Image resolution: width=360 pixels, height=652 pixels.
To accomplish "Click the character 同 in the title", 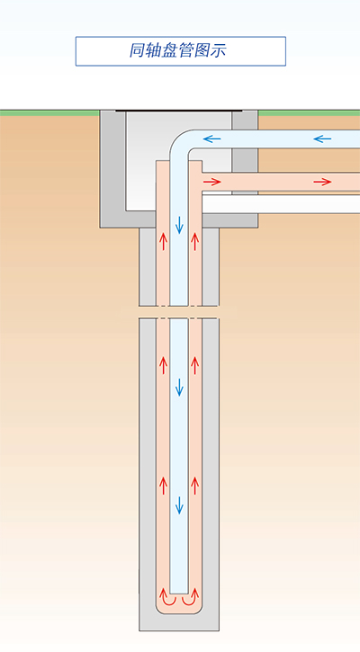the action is (x=138, y=50).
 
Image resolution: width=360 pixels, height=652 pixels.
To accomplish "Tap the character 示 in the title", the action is (x=219, y=50).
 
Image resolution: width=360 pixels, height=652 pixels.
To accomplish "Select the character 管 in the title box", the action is (x=186, y=50).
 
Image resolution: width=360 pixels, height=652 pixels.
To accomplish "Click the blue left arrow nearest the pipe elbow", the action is (x=211, y=138).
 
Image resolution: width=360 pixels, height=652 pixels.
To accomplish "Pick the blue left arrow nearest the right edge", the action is (x=322, y=138).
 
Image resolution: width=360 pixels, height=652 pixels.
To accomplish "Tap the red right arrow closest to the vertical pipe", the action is (x=211, y=182).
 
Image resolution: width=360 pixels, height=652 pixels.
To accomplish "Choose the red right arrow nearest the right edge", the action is (x=322, y=182).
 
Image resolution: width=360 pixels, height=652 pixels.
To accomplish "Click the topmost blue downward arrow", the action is (x=179, y=225).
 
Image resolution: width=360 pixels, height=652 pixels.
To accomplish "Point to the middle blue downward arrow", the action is (x=179, y=387).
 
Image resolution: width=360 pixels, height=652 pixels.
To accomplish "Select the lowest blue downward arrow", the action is (x=179, y=505).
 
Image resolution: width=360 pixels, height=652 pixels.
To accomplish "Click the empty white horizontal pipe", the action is (x=281, y=204).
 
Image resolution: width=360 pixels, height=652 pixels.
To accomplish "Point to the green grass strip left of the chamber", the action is (x=49, y=113).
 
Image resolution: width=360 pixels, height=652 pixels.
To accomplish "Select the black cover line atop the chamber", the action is (x=179, y=111).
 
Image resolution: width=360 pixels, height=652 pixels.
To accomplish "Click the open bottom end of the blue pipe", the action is (x=179, y=594).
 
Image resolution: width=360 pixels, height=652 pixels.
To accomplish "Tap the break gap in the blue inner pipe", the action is (x=179, y=312).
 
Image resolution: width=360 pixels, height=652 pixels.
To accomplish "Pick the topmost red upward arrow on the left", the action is (x=163, y=241).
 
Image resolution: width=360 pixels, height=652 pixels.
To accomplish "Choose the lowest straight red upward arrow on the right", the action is (x=194, y=486).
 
